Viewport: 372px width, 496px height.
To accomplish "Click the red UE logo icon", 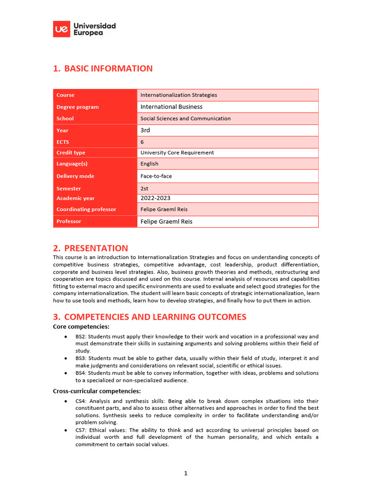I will (62, 29).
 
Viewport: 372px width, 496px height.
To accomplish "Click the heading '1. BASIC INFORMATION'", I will (103, 68).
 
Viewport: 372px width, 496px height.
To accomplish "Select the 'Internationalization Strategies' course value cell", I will (179, 95).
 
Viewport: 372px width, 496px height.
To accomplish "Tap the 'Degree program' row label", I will (77, 107).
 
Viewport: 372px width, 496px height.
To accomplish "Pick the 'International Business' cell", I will (171, 107).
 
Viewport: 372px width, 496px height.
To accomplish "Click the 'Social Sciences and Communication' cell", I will (186, 118).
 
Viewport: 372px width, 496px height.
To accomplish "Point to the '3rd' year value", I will (145, 130).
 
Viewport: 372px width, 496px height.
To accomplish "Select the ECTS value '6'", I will (142, 142).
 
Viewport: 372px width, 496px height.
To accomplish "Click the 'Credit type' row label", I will (71, 153).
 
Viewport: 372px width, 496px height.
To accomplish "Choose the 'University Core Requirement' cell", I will (177, 153).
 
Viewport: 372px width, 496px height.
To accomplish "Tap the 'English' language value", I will (149, 164).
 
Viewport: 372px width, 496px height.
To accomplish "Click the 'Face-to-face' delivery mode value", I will (156, 176).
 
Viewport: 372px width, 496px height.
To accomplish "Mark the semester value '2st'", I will (145, 188).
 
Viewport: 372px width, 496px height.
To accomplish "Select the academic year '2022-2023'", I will (155, 198).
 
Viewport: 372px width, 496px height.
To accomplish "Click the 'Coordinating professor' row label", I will (86, 209).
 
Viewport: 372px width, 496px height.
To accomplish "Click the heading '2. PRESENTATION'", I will (91, 248).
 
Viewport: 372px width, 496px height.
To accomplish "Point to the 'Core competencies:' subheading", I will (81, 326).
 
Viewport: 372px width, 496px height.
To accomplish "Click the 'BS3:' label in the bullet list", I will (81, 358).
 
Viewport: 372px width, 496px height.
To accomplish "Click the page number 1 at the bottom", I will (186, 473).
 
